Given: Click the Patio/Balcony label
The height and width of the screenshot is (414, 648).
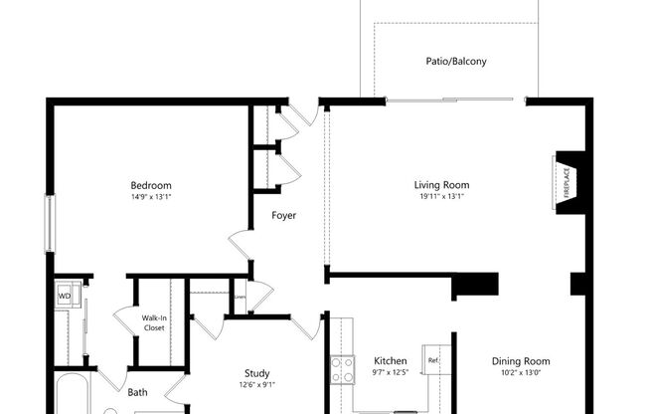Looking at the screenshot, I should (x=456, y=61).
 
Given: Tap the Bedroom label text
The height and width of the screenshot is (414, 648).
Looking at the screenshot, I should (x=151, y=185).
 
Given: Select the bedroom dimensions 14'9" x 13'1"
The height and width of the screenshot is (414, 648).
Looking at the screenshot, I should (x=151, y=197).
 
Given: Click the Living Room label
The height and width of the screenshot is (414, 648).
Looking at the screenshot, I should (x=441, y=185).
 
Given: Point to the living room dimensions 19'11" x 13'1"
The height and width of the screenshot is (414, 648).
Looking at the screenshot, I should (x=441, y=197).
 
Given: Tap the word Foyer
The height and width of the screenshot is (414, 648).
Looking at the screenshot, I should (x=284, y=215).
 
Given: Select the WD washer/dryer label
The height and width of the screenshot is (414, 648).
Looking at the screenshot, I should (x=65, y=296).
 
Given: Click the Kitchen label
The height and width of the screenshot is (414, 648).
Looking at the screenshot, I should (x=390, y=361).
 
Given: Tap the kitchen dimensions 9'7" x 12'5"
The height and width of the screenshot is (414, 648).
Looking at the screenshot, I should (x=390, y=373).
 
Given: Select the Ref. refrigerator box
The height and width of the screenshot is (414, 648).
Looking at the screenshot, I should (x=432, y=360).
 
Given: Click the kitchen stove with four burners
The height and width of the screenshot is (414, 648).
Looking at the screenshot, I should (x=342, y=369).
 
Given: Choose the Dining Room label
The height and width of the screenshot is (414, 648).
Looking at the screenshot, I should (x=521, y=361).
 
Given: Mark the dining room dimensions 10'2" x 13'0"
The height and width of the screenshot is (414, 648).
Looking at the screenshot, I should (x=521, y=373).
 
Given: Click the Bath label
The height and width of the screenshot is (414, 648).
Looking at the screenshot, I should (x=137, y=392).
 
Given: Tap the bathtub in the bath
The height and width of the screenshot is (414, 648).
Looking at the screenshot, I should (x=74, y=396).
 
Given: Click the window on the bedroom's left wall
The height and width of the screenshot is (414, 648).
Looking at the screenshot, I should (x=49, y=223).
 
